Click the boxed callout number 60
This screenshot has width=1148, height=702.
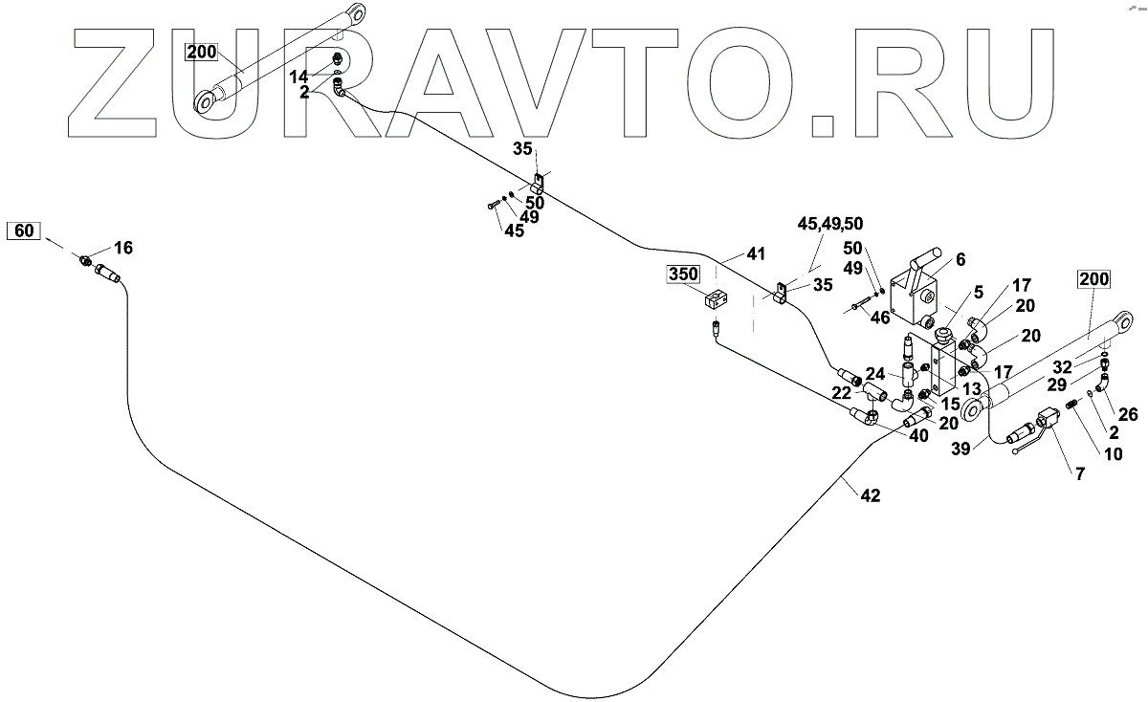point(25,230)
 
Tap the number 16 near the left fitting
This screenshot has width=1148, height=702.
point(123,249)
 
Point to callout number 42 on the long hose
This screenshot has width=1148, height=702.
point(870,495)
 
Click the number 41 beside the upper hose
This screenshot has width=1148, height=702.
point(757,254)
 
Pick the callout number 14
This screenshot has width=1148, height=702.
point(299,75)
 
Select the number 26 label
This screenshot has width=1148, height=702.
point(1127,414)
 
